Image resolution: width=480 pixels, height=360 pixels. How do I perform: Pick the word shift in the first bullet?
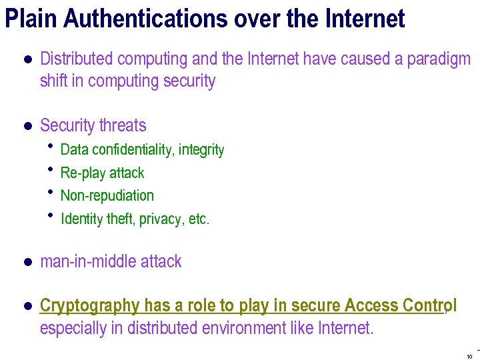(x=53, y=81)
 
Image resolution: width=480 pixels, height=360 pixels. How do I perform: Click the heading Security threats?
(x=93, y=125)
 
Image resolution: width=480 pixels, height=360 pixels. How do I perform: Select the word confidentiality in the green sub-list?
(x=133, y=150)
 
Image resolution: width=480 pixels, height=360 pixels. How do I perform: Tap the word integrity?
(x=201, y=151)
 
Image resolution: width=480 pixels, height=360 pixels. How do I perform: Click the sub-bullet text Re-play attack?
(x=102, y=173)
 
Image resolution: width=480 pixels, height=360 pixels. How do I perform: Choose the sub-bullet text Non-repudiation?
(x=107, y=196)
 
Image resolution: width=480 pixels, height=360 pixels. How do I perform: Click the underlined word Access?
(x=371, y=305)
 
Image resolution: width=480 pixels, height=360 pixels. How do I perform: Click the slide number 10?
(x=469, y=356)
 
